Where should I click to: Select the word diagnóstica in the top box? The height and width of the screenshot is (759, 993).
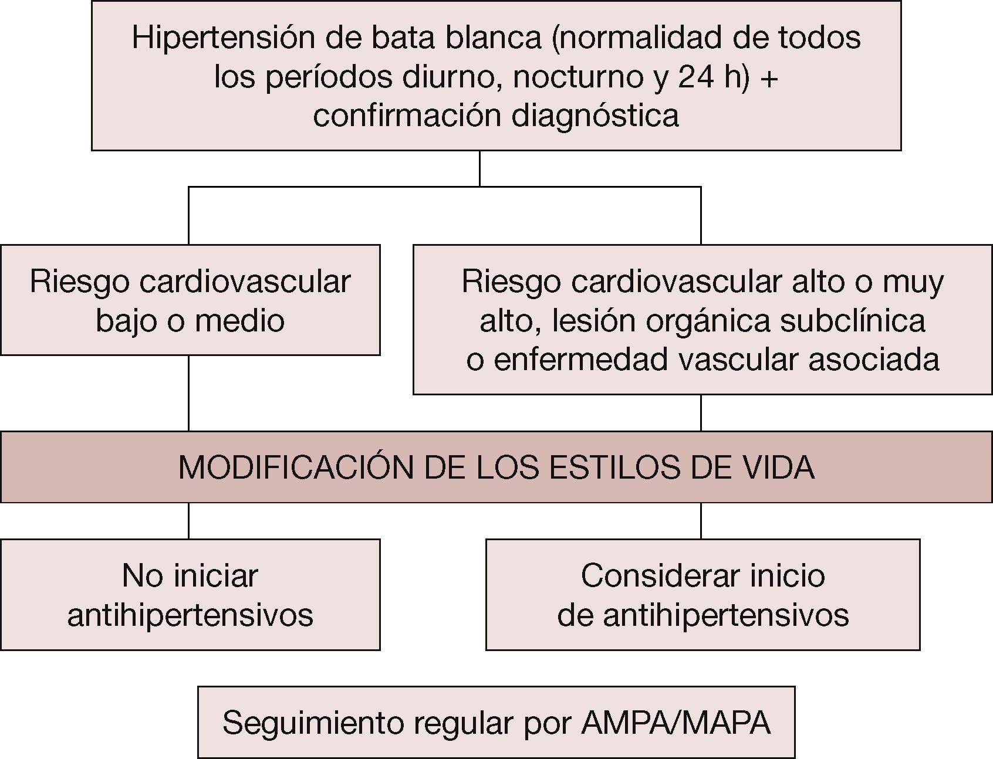pyautogui.click(x=595, y=115)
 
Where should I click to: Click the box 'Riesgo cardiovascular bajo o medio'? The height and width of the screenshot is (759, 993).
pyautogui.click(x=190, y=300)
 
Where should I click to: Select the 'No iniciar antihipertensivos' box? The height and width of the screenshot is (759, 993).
pyautogui.click(x=190, y=594)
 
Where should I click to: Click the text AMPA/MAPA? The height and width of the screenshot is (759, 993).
pyautogui.click(x=675, y=723)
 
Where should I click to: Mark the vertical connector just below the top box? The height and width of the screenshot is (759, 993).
pyautogui.click(x=480, y=168)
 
